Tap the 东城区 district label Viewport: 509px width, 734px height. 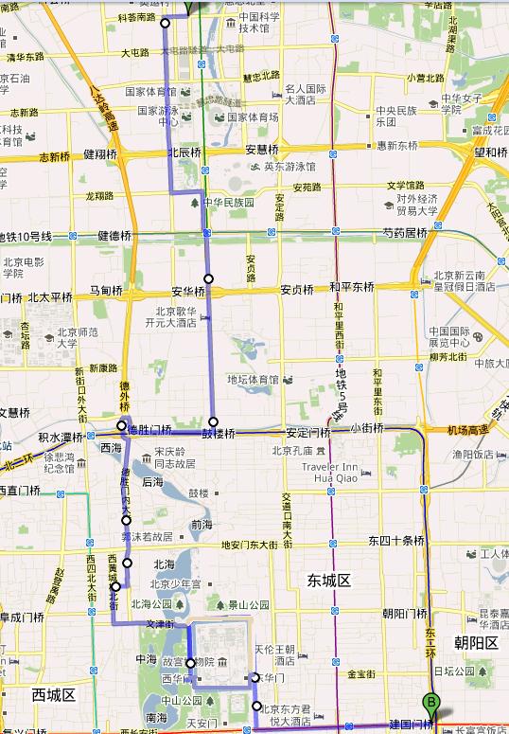(x=329, y=579)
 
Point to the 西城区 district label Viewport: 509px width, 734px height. (x=53, y=694)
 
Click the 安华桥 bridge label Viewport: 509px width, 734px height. (x=188, y=291)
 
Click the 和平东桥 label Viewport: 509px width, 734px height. (x=352, y=287)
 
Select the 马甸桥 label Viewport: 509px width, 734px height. (x=107, y=290)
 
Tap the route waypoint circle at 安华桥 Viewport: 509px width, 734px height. (x=209, y=278)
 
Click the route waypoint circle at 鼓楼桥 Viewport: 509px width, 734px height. (x=214, y=421)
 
